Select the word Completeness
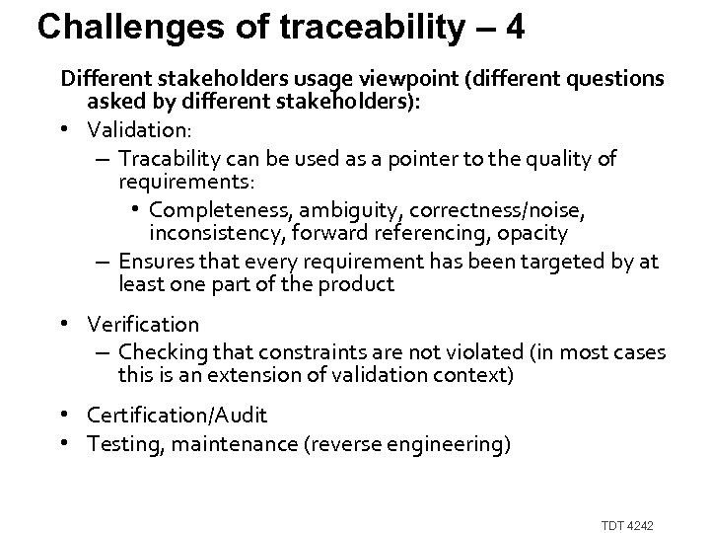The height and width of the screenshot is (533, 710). pos(211,209)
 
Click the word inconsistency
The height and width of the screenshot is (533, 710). pos(208,233)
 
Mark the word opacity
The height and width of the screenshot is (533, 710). pos(532,233)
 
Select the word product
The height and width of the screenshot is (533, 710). pos(362,284)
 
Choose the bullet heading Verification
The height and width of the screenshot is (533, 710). pos(143,324)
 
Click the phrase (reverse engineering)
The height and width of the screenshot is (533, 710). pos(425,444)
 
